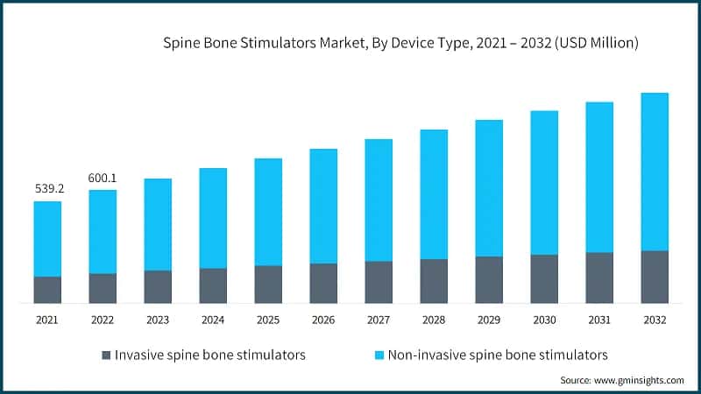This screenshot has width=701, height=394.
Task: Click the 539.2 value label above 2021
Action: (47, 188)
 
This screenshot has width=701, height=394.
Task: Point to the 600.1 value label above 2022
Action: (103, 178)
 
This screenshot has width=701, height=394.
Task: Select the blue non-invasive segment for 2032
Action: (655, 172)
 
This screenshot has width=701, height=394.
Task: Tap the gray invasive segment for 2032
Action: (655, 277)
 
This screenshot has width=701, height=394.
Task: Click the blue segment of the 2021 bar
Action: (47, 239)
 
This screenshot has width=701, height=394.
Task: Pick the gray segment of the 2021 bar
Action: (47, 290)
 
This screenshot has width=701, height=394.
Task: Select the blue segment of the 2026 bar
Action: (323, 206)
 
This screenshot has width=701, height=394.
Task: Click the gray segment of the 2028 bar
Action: (434, 281)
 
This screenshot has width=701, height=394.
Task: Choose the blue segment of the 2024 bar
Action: (213, 218)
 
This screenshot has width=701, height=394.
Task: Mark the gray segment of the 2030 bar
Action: (544, 278)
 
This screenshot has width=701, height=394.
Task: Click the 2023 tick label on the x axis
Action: (158, 320)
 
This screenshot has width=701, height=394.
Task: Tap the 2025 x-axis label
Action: (268, 320)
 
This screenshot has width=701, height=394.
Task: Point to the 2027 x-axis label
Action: (379, 320)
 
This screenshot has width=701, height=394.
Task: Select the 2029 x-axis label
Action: (489, 320)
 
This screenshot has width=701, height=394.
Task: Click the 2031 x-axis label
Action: (599, 320)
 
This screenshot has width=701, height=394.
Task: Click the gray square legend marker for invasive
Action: (107, 355)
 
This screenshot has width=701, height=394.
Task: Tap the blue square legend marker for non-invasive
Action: (379, 355)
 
